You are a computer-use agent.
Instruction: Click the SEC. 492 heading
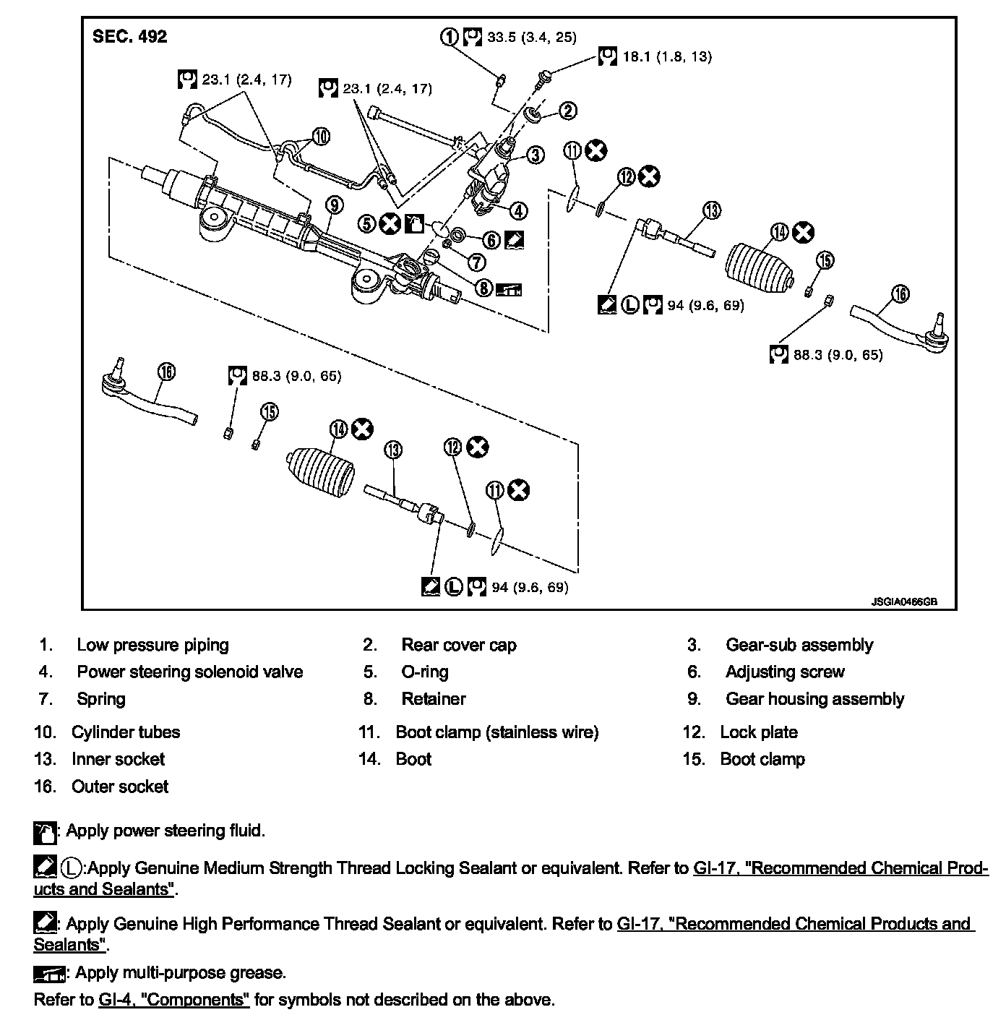tap(129, 36)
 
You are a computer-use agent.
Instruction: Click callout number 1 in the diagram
tap(450, 36)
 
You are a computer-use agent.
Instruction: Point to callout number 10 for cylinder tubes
tap(321, 136)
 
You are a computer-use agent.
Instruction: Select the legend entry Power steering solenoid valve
tap(189, 672)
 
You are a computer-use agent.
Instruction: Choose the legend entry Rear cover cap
tap(458, 645)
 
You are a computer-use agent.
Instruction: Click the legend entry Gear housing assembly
tap(814, 699)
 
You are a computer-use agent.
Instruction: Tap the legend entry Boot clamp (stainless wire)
tap(496, 732)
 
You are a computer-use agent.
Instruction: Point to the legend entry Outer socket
tap(119, 787)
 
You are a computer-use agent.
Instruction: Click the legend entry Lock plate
tap(758, 732)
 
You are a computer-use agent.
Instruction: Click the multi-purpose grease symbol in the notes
tap(49, 974)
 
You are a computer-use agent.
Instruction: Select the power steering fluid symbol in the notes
tap(45, 833)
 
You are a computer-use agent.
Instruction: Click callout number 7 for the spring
tap(476, 260)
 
